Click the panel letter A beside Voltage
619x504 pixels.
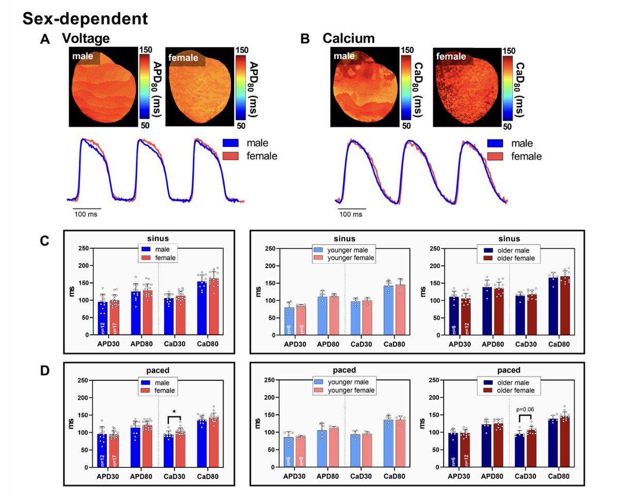(x=45, y=40)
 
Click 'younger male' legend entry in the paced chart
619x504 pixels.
(x=344, y=382)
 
